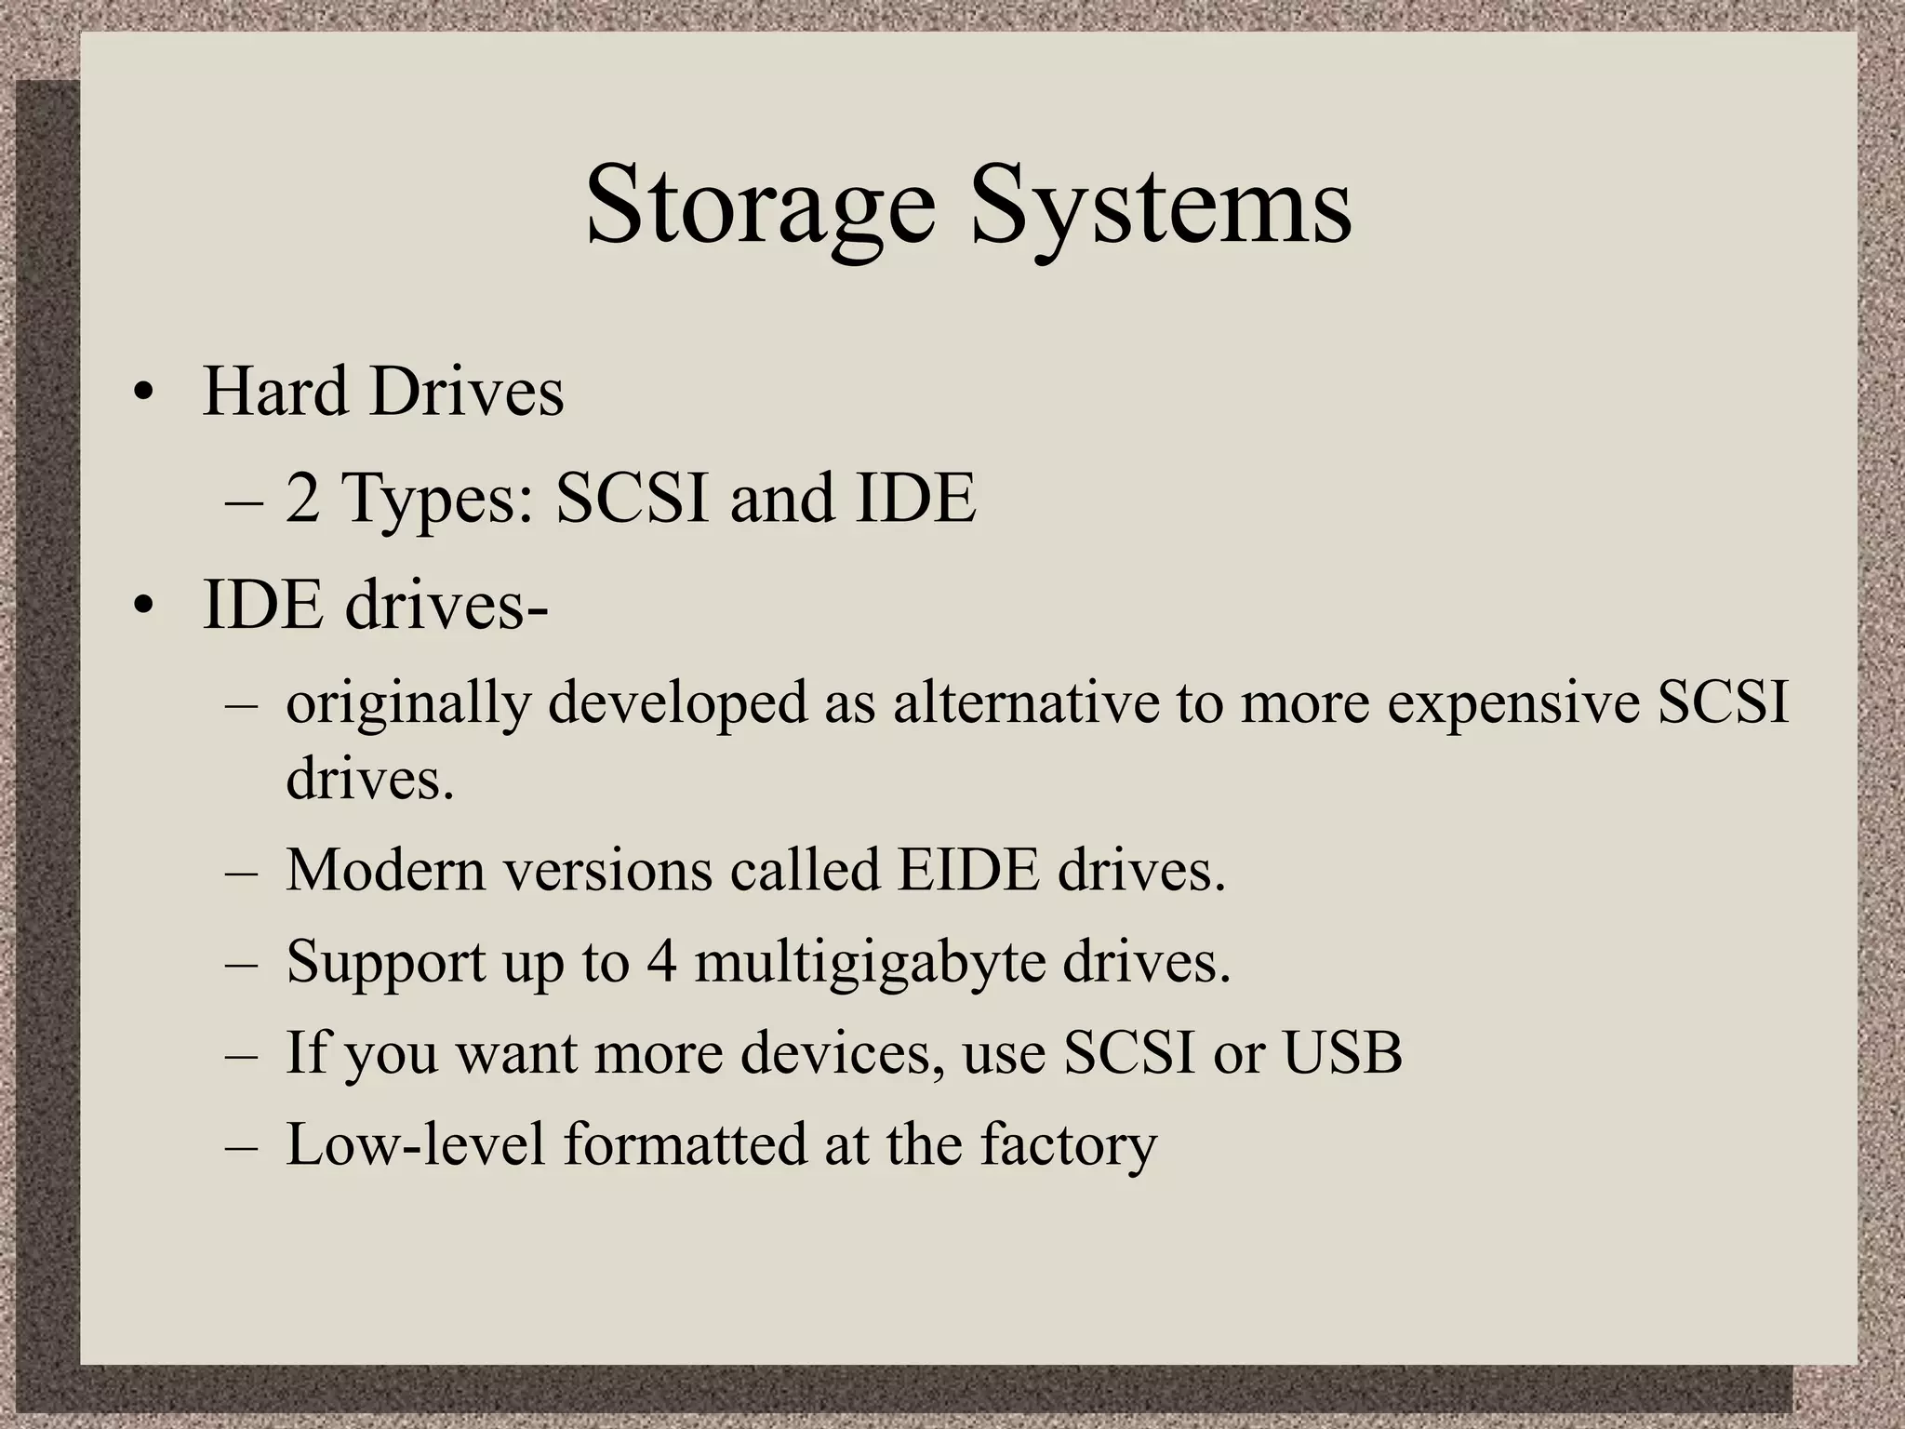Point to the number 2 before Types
coord(302,499)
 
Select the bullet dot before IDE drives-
coord(141,608)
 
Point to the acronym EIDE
coord(967,871)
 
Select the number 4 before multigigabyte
coord(661,961)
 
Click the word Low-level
coord(415,1144)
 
